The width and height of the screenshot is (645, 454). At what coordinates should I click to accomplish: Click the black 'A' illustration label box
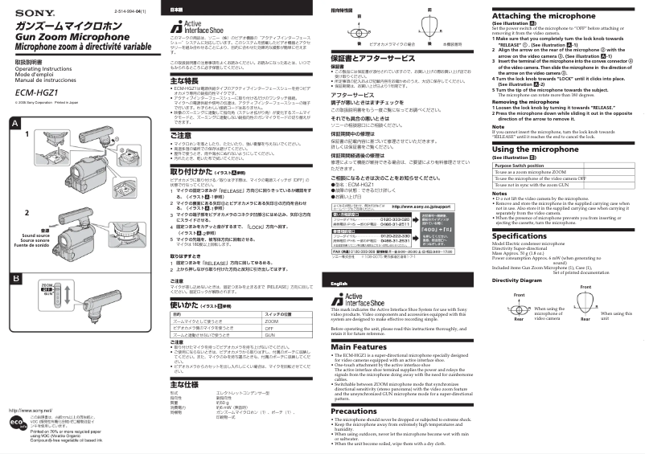[14, 123]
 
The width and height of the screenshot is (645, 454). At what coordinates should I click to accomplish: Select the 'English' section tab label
[339, 284]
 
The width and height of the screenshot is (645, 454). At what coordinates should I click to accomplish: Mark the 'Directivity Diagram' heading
[518, 280]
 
